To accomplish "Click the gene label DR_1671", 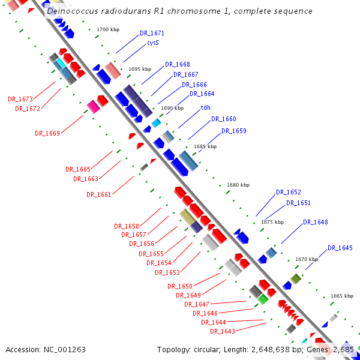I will point(152,34).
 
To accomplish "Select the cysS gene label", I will point(152,43).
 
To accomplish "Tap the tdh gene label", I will point(205,107).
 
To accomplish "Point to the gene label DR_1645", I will point(340,248).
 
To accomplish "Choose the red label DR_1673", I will point(20,99).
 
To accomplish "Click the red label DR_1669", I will point(47,133).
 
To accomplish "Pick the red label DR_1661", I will point(99,194).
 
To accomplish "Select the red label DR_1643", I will point(223,331).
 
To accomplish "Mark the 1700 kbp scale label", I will point(107,29).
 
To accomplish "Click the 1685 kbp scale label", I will point(205,146).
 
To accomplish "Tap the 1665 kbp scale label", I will point(341,296).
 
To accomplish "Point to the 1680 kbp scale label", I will point(238,185).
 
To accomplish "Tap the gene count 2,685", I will point(344,349).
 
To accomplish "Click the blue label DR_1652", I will point(289,192).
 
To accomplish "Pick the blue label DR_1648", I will point(316,222).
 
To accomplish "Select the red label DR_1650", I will point(180,286).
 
